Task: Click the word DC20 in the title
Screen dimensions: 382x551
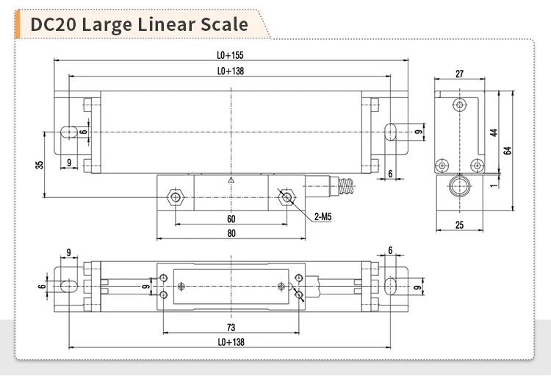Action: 54,24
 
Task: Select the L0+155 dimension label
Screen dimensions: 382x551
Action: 231,55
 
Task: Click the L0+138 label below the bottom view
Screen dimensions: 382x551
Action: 231,342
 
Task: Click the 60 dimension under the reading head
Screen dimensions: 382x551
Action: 231,219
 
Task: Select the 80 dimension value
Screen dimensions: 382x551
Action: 231,234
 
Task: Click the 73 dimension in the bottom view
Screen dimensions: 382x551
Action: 231,327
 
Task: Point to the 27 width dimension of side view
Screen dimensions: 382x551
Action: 459,74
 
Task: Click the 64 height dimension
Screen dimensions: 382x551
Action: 507,150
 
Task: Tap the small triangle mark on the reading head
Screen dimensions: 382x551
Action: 231,180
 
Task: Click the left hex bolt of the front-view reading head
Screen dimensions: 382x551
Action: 175,196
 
